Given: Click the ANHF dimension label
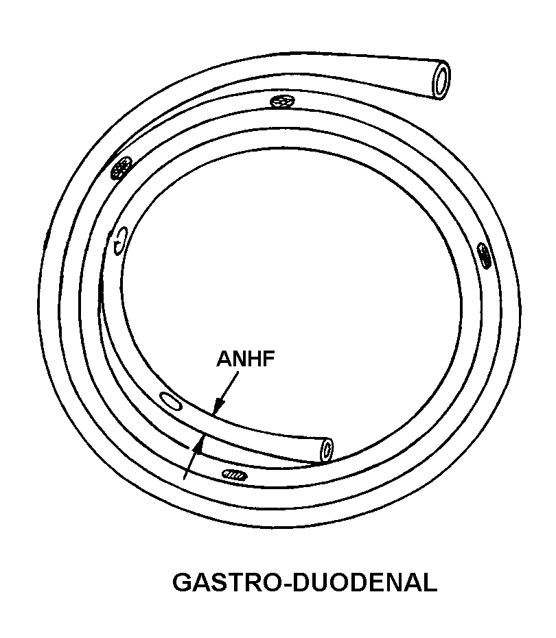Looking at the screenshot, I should (x=245, y=359).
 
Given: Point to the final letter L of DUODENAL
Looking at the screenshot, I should (x=429, y=583).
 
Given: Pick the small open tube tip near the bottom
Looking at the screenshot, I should (x=327, y=449).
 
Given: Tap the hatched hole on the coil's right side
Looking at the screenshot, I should (x=485, y=255).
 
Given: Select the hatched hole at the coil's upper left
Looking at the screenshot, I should (x=121, y=166).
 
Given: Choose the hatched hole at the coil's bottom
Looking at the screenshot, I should (x=233, y=473).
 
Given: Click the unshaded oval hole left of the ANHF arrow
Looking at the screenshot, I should (x=170, y=401).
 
